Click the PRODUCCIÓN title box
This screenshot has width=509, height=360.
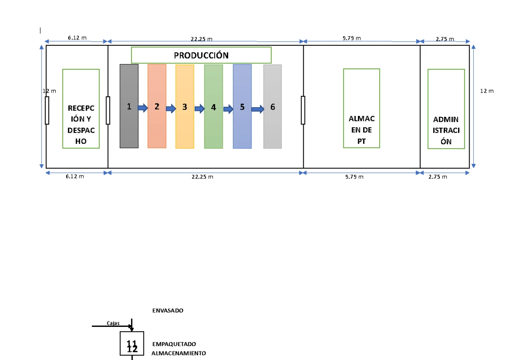[x=201, y=55]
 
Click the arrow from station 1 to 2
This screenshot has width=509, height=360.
[x=143, y=108]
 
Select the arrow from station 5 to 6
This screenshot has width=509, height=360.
[x=257, y=110]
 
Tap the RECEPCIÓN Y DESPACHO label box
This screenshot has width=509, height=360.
[x=81, y=109]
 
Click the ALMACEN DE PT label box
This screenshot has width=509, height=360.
[x=361, y=108]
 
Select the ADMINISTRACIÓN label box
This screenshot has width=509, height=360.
[x=446, y=109]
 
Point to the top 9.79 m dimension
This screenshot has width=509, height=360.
[x=352, y=38]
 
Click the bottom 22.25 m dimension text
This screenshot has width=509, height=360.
[x=202, y=177]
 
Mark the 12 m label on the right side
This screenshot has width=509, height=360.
[x=487, y=91]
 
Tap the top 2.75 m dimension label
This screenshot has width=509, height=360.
[x=445, y=39]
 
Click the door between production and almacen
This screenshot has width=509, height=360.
[x=303, y=110]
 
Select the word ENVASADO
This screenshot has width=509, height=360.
[x=168, y=311]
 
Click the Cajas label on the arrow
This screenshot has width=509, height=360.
[x=113, y=323]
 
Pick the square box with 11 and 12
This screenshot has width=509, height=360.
[x=132, y=343]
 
